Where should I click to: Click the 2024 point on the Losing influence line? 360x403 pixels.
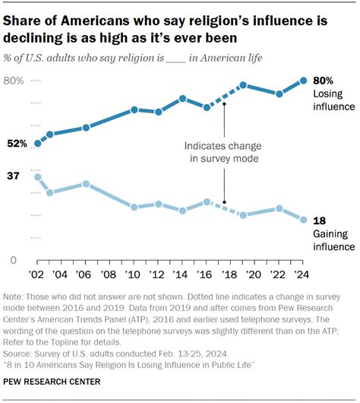[x=304, y=81]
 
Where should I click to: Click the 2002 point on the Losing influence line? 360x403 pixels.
[x=37, y=143]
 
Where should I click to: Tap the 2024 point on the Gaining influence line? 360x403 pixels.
[x=304, y=220]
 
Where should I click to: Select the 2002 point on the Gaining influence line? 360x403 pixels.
[x=37, y=177]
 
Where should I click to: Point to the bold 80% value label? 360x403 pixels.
[x=324, y=81]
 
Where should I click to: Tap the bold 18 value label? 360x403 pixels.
[x=320, y=220]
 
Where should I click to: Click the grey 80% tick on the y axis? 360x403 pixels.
[x=16, y=81]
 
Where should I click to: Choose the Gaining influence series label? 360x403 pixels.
[x=333, y=240]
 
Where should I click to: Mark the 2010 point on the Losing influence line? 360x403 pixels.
[x=134, y=109]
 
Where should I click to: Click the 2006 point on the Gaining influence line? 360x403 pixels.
[x=86, y=184]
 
